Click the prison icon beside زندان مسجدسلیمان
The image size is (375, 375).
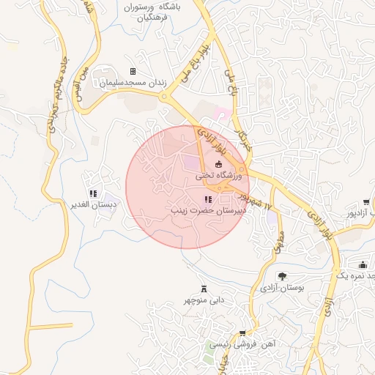[133, 72]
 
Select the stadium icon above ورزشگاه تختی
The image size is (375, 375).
[218, 164]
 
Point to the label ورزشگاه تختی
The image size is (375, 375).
[217, 176]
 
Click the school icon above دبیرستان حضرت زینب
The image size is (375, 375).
[209, 198]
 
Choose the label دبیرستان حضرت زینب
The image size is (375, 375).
[208, 210]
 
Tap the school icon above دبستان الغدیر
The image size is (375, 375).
[93, 193]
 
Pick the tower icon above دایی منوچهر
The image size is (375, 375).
[204, 289]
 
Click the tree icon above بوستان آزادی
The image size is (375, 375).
[282, 276]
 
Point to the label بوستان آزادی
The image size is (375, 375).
[282, 288]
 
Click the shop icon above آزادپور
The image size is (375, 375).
[365, 201]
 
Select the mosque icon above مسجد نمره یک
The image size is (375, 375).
[363, 264]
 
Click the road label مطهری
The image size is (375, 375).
[278, 240]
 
